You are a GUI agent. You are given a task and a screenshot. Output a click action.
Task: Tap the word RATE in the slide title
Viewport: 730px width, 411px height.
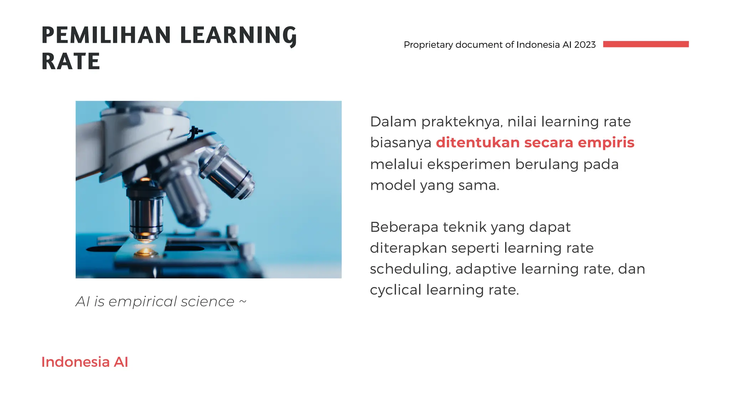pyautogui.click(x=71, y=61)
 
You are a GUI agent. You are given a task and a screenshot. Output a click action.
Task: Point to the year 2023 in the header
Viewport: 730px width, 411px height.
pyautogui.click(x=585, y=45)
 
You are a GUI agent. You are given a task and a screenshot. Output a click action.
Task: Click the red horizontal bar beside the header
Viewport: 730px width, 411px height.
pyautogui.click(x=646, y=44)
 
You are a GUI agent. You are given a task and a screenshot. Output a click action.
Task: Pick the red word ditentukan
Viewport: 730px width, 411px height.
pyautogui.click(x=478, y=142)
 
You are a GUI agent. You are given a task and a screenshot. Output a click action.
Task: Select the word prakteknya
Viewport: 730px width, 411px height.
pyautogui.click(x=462, y=122)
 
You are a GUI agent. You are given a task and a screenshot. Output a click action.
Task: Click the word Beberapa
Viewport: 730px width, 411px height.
pyautogui.click(x=404, y=227)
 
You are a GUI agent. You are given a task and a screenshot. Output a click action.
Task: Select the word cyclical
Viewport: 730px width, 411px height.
pyautogui.click(x=396, y=290)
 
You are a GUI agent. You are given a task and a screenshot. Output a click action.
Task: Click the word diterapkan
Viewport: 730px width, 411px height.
pyautogui.click(x=408, y=248)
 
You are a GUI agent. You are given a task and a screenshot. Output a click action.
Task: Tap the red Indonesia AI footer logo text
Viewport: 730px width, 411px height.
pyautogui.click(x=84, y=362)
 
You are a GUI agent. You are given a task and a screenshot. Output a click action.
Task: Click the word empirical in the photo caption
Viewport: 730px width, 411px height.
pyautogui.click(x=143, y=302)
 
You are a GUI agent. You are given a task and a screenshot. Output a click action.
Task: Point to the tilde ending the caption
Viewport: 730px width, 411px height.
pyautogui.click(x=242, y=301)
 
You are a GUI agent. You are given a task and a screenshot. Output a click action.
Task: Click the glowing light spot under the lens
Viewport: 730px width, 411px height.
pyautogui.click(x=145, y=252)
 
